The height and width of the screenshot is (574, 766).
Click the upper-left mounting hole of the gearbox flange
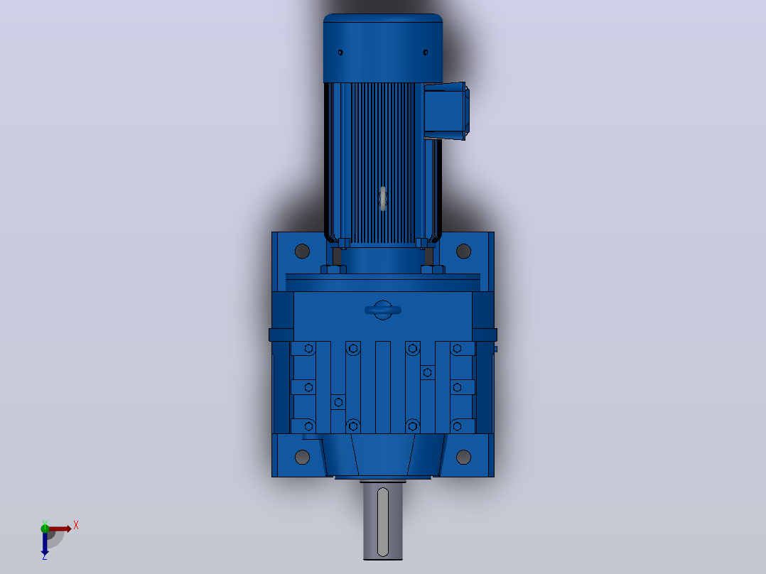coord(303,251)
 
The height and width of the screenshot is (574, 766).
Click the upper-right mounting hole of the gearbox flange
coord(463,251)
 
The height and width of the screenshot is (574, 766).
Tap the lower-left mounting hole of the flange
coord(303,457)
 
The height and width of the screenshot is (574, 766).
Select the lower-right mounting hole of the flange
coord(463,457)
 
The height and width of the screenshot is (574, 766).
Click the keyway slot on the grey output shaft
coord(383,521)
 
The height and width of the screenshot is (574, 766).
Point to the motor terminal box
coord(446,111)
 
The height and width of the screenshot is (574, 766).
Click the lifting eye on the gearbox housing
coord(383,310)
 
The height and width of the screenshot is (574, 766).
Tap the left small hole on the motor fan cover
coord(340,53)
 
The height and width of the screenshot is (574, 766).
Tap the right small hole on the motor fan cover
coord(426,53)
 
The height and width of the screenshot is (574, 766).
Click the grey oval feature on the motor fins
coord(383,199)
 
